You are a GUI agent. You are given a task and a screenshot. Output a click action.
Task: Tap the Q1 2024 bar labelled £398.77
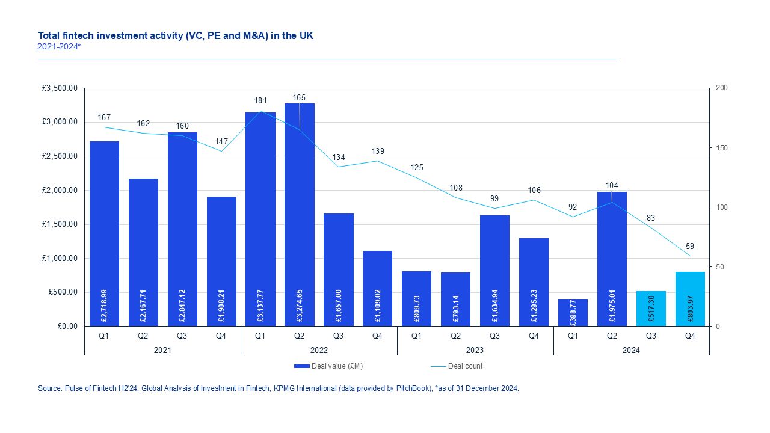(573, 313)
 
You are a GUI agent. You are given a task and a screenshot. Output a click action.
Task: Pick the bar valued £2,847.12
(182, 229)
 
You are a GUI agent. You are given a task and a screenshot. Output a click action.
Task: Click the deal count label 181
(260, 100)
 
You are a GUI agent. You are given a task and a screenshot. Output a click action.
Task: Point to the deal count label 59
(690, 245)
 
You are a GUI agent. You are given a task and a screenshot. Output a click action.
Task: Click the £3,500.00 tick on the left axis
(60, 88)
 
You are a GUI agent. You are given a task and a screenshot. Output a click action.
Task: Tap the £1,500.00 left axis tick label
(60, 224)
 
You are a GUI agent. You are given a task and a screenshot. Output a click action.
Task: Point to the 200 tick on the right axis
(722, 88)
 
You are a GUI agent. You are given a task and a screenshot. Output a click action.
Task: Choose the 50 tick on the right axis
(720, 267)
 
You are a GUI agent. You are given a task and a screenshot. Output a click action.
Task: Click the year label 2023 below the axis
(475, 350)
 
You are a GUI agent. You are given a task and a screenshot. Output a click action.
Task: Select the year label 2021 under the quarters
(162, 350)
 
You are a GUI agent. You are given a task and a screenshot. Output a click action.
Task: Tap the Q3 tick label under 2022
(339, 336)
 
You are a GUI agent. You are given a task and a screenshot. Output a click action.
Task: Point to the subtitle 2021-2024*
(59, 46)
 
